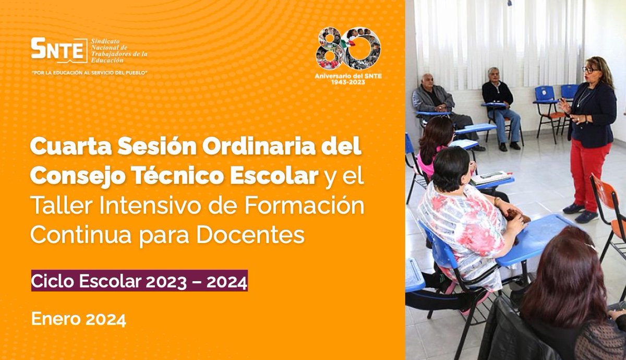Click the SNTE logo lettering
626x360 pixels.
pos(57,50)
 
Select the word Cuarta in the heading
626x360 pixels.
pos(64,148)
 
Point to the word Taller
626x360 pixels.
pos(56,206)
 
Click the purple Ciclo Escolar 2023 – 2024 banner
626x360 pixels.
pos(139,282)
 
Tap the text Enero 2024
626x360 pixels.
pos(79,318)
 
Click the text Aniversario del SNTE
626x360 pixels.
pos(348,76)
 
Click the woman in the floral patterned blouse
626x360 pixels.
pos(467,224)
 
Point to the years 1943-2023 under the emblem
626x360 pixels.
pos(348,82)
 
